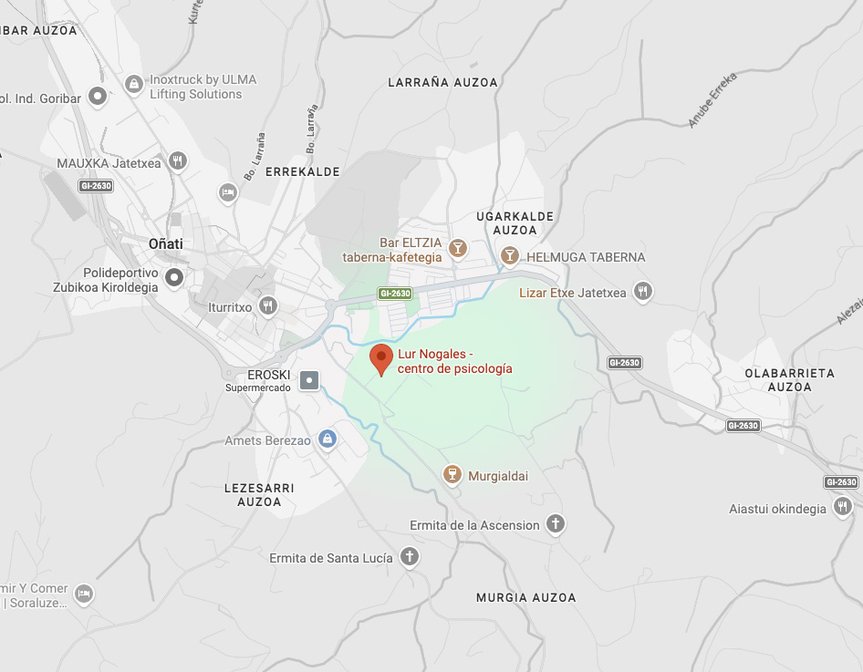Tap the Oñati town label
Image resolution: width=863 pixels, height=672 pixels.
(165, 243)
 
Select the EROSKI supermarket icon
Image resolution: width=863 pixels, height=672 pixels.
(309, 379)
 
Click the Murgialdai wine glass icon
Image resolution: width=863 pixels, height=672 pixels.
(451, 474)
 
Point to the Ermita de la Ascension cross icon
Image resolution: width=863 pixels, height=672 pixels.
(556, 523)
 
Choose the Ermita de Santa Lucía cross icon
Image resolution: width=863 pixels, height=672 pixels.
(410, 556)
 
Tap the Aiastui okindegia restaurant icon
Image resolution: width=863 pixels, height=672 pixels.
(842, 507)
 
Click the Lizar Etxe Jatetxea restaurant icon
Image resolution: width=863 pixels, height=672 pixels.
(643, 292)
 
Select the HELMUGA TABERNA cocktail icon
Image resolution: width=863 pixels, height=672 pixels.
(510, 255)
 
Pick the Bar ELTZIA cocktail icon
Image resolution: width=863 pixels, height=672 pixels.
(458, 247)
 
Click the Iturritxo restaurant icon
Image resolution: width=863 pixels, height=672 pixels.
(267, 305)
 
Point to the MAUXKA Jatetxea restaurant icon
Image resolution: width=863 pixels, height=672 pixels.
(178, 161)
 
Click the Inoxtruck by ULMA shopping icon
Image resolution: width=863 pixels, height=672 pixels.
(133, 85)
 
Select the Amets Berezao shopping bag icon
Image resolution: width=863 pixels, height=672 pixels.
(328, 439)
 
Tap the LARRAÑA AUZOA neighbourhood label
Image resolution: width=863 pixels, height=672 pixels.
(442, 82)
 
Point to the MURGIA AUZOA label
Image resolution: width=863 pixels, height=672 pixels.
(525, 597)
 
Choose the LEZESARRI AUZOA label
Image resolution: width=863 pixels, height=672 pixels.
(259, 494)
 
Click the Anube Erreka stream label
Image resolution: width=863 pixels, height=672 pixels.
(712, 99)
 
